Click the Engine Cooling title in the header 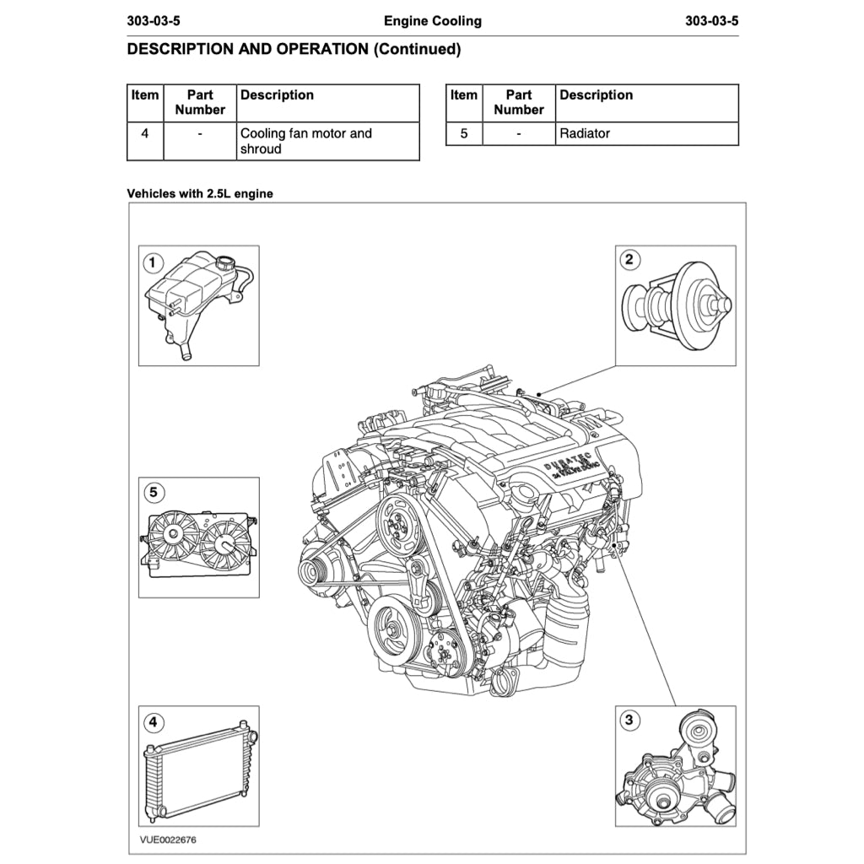point(432,21)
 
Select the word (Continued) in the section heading point(417,49)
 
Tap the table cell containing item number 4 point(145,133)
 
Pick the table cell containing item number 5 point(463,133)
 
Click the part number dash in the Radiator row point(518,133)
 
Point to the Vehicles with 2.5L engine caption point(200,193)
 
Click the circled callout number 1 point(152,262)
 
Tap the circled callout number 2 point(629,259)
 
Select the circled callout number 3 point(629,720)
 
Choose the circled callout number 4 point(152,722)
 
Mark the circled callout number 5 point(152,492)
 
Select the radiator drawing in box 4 point(197,769)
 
